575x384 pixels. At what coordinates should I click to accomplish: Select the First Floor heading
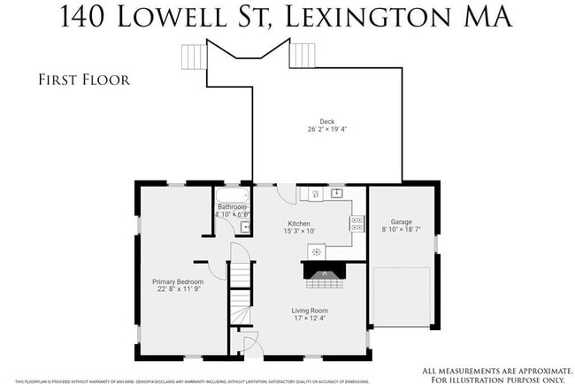tap(84, 80)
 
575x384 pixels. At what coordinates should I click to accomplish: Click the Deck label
tap(315, 121)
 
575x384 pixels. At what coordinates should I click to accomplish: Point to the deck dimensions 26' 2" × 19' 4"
tap(315, 129)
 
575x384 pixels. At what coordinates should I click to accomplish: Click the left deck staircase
tap(193, 57)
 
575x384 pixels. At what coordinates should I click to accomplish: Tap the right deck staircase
tap(303, 57)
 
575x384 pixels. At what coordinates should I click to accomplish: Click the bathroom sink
tap(247, 227)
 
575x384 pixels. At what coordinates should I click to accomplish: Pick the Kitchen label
tap(299, 224)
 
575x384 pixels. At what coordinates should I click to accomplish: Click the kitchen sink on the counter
tap(337, 192)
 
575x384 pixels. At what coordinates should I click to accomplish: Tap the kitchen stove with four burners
tap(357, 223)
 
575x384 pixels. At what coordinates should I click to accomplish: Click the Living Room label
tap(310, 311)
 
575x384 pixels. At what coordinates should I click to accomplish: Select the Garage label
tap(402, 221)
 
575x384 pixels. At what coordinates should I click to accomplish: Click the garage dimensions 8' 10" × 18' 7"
tap(402, 229)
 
